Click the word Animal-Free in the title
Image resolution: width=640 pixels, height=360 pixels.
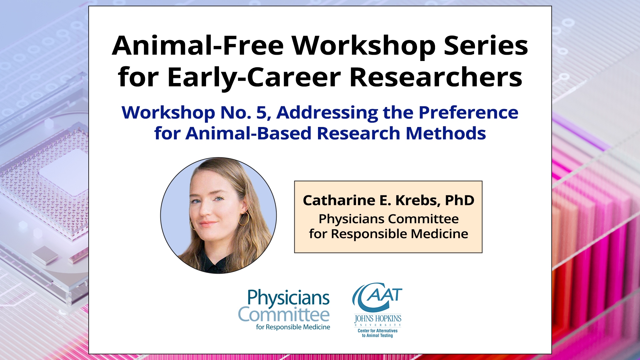coord(198,45)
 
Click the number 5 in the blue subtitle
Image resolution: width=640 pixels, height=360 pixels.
coord(261,113)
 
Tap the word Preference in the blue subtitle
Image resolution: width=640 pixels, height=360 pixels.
coord(468,112)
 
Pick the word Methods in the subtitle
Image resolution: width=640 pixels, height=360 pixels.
coord(446,133)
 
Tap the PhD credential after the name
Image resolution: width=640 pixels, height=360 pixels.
coord(460,200)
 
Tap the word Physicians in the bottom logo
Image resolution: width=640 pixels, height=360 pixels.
coord(289,298)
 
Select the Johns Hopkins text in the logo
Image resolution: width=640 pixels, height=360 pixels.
coord(378,319)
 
